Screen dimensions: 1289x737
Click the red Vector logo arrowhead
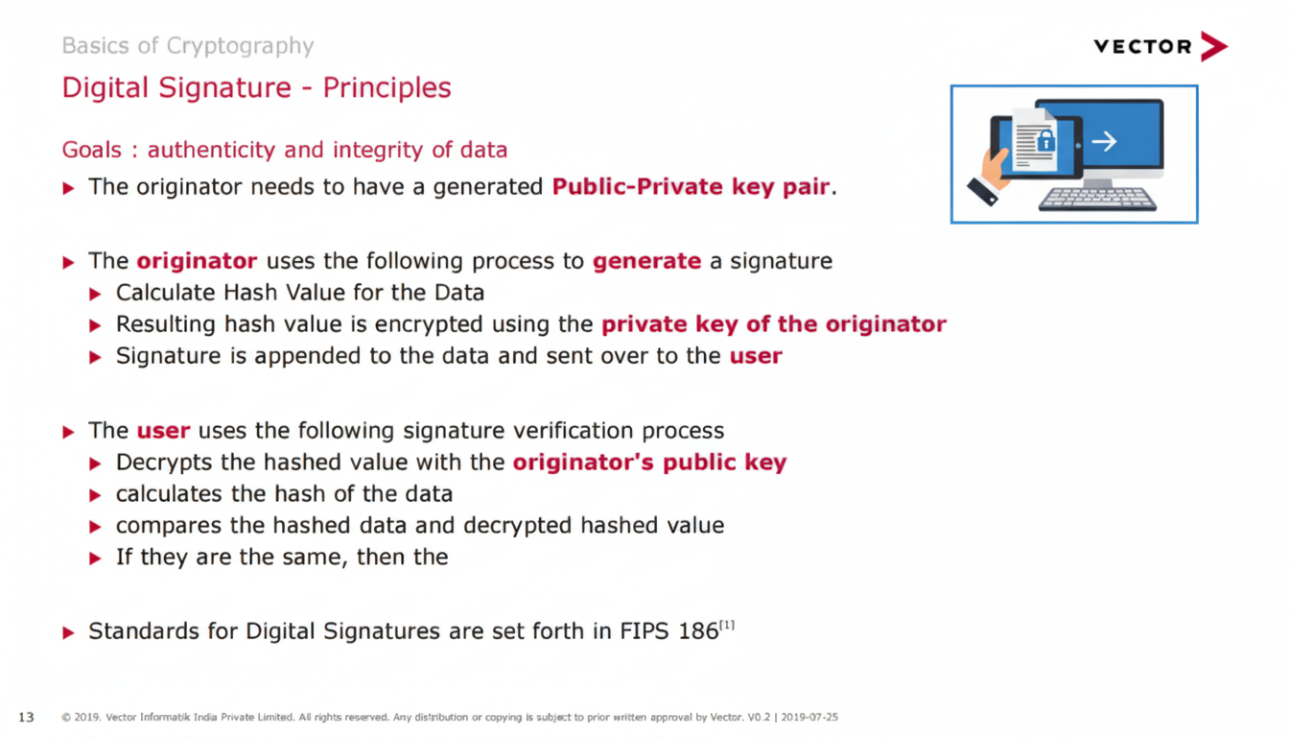(x=1214, y=46)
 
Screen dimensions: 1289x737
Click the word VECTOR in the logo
(x=1143, y=47)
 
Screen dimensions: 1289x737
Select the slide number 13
(x=27, y=718)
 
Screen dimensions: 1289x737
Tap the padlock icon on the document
(x=1046, y=140)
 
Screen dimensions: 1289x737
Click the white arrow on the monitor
(x=1104, y=141)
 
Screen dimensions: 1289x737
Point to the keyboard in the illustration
(x=1097, y=200)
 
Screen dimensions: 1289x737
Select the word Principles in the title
(x=387, y=88)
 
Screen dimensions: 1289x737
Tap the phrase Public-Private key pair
(x=691, y=187)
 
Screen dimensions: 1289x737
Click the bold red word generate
(x=646, y=262)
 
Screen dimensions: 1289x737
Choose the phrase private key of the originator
(x=774, y=324)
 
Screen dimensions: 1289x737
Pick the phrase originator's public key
(x=649, y=463)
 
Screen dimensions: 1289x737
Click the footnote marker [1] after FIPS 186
(x=727, y=625)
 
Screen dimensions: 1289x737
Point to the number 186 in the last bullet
(x=698, y=631)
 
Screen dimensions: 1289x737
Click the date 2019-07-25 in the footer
(x=809, y=718)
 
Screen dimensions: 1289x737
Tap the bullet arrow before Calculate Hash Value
(x=96, y=295)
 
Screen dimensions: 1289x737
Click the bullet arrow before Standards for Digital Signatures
(x=68, y=633)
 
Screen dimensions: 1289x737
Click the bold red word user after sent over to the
(x=756, y=356)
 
